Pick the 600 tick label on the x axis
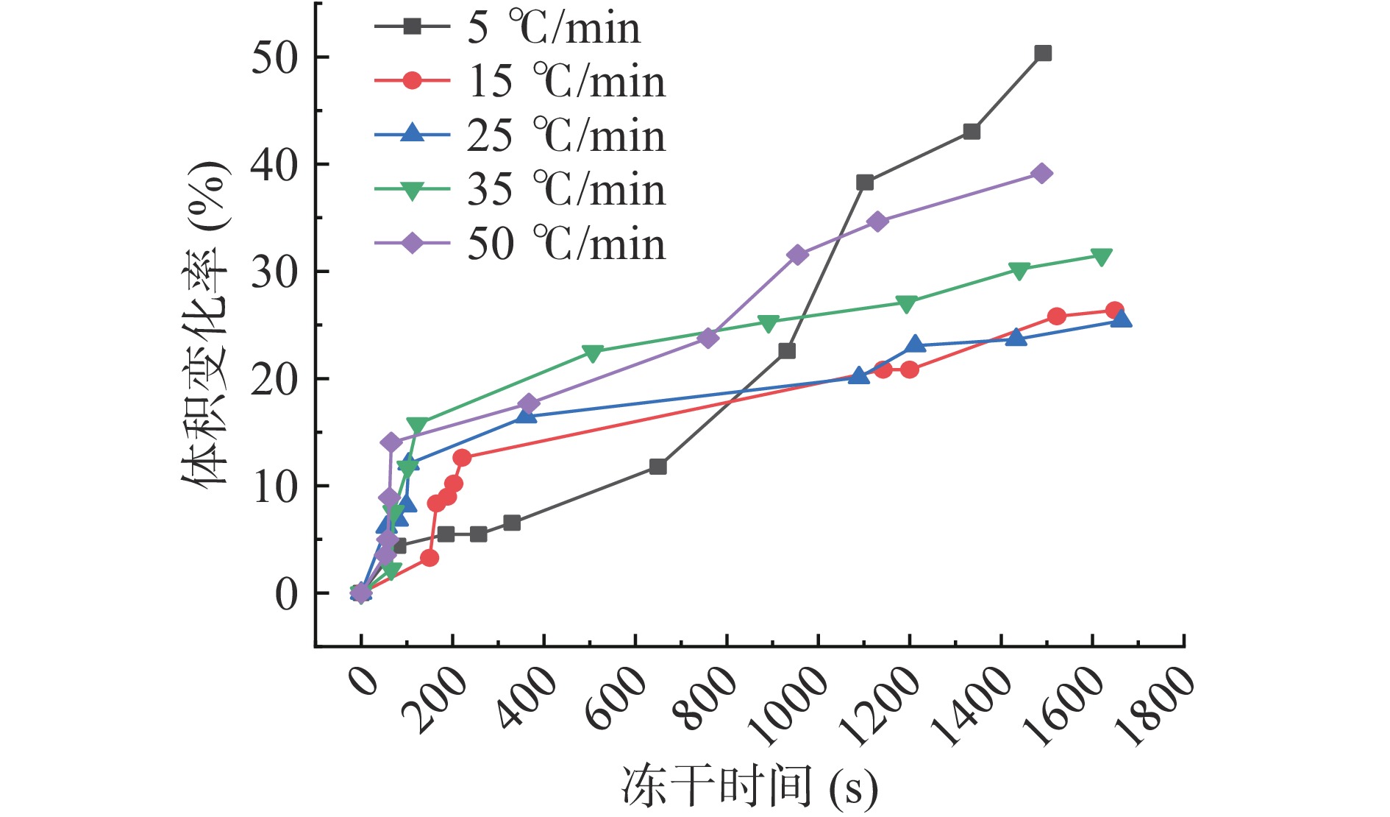click(x=616, y=696)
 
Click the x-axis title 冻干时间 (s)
click(x=750, y=786)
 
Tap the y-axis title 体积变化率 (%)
click(x=207, y=324)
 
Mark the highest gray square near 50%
click(x=1043, y=53)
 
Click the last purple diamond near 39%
click(x=1041, y=174)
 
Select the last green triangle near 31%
click(x=1101, y=257)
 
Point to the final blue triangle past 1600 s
click(x=1121, y=319)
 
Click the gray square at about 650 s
click(x=658, y=467)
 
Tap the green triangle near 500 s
click(x=593, y=353)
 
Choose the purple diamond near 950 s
click(x=797, y=255)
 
